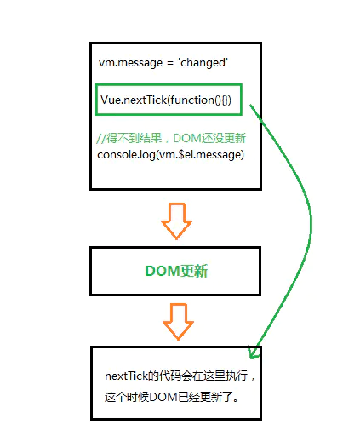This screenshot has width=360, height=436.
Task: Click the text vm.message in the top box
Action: coord(130,63)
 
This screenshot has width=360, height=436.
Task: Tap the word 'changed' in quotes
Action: coord(203,62)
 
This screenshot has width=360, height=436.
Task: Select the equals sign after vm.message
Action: coord(170,63)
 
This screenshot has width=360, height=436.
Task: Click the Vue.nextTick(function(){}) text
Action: coord(166,100)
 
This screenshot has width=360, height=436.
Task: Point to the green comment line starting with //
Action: coord(171,138)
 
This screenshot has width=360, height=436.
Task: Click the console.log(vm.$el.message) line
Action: coord(170,155)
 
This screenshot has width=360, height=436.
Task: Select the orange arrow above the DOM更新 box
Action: coord(176,221)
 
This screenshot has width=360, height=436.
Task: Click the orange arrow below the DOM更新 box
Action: coord(178,322)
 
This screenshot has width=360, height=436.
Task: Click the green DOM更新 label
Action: coord(176,271)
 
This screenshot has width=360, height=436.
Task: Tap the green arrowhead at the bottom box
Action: coord(254,352)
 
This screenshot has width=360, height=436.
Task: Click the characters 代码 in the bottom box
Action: coord(169,376)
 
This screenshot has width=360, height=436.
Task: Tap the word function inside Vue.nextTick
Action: coord(192,100)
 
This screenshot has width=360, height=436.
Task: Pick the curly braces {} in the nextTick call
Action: coord(226,100)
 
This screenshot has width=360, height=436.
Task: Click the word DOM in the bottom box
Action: coord(163,397)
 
